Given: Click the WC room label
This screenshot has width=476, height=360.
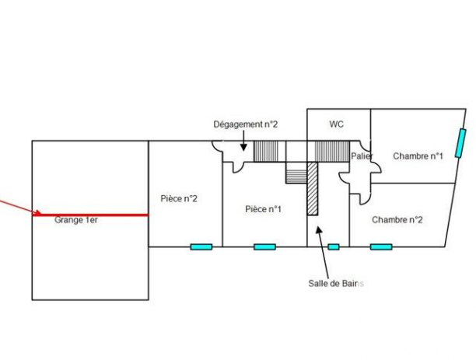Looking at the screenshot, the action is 336,124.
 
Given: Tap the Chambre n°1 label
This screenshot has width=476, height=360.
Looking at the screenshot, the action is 418,156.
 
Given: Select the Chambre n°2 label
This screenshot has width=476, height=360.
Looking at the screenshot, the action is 397,219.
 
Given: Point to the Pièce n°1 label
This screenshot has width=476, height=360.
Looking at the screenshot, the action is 263,209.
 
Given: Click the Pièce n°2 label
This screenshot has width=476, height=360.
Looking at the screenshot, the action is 179,198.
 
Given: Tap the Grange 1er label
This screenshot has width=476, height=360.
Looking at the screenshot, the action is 76,220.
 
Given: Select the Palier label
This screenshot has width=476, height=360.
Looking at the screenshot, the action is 362,156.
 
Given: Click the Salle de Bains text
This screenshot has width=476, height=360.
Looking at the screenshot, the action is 336,284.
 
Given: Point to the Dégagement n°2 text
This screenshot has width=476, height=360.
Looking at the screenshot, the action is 246,124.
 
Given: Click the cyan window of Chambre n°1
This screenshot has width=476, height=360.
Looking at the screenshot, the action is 460,143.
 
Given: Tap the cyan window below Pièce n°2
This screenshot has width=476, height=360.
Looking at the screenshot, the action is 201,246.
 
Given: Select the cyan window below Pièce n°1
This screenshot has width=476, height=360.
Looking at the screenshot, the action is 264,246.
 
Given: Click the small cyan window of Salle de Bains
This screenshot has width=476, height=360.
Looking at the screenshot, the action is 334,246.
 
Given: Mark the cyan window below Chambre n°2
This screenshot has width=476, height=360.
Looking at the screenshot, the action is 381,246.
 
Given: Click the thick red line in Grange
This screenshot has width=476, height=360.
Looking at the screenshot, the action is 90,215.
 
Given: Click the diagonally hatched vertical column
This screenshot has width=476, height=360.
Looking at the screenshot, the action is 313,188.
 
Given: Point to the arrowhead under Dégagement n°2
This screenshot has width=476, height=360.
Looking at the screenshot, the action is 243,148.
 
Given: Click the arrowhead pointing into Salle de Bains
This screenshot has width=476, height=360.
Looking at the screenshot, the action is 319,229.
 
